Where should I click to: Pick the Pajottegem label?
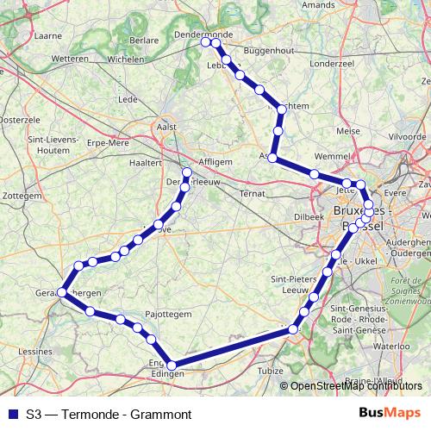168,315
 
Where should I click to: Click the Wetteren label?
71,58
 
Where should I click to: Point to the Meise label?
347,130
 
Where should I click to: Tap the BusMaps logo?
389,413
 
